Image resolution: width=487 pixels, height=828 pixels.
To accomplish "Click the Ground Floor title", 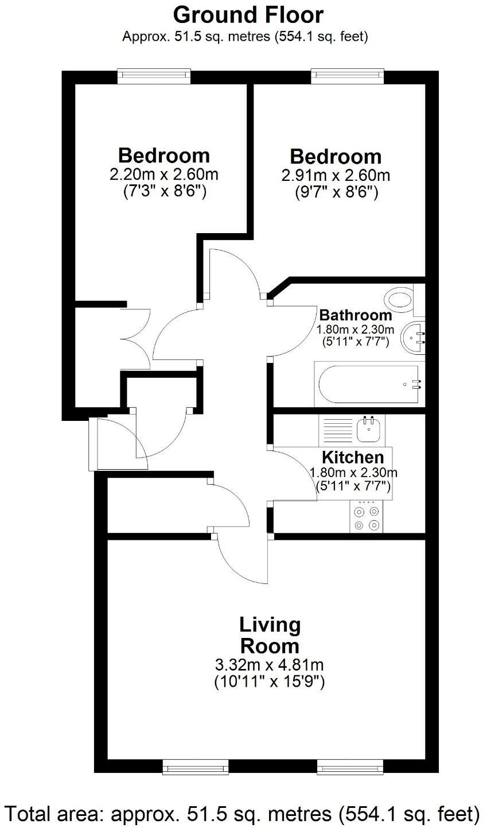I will pyautogui.click(x=248, y=14).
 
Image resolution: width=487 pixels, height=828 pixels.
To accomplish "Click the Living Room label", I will pyautogui.click(x=269, y=635).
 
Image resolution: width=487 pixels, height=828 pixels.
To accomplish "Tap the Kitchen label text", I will pyautogui.click(x=352, y=458).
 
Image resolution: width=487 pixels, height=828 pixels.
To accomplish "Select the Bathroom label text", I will pyautogui.click(x=356, y=315).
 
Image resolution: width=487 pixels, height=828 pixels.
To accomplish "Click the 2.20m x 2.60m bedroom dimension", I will pyautogui.click(x=163, y=174).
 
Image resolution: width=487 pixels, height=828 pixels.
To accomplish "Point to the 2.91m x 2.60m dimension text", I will pyautogui.click(x=336, y=175).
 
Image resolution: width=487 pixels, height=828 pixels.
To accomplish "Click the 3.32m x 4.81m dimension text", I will pyautogui.click(x=269, y=665).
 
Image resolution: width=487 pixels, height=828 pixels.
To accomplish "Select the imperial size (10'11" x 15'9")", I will pyautogui.click(x=269, y=682).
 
